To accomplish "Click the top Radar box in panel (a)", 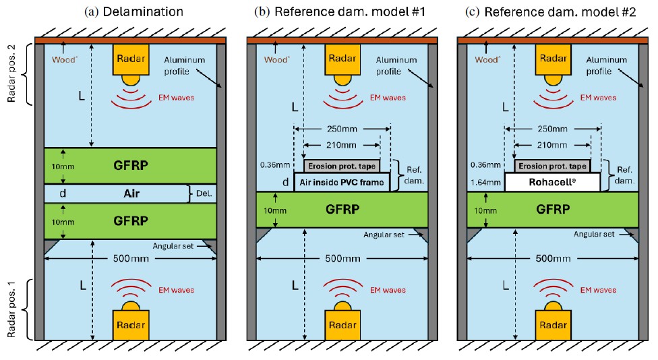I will pos(131,59).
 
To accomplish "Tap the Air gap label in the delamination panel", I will pos(131,193).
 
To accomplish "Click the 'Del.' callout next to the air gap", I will pos(204,194).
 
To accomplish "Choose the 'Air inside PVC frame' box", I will pos(342,182).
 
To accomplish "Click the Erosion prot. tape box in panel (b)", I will pos(342,165).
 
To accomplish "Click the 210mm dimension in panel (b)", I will pos(342,145).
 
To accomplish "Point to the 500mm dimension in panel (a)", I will pos(131,259).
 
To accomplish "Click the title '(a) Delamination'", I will pos(131,12).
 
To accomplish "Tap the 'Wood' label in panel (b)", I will pos(270,59).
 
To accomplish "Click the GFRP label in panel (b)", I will pos(342,210).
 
